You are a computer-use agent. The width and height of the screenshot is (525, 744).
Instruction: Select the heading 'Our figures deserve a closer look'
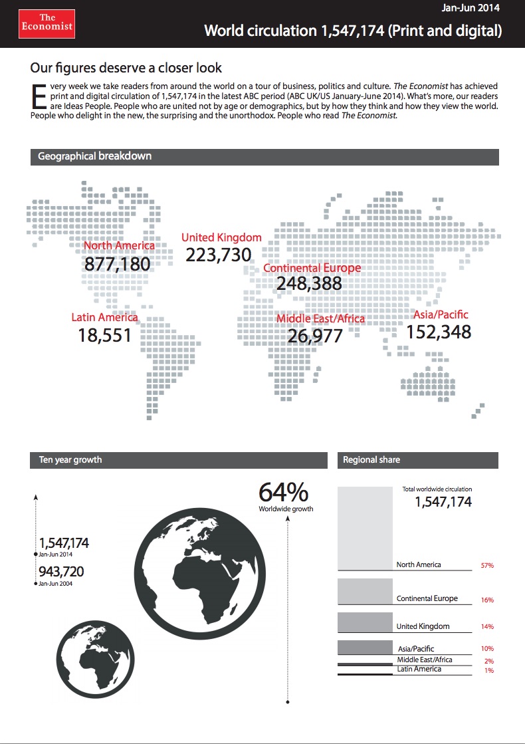[126, 68]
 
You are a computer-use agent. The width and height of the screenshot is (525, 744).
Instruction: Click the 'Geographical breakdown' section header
[95, 156]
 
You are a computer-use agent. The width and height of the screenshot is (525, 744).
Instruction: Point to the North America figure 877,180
[118, 264]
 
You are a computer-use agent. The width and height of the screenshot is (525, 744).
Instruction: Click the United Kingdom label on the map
[221, 237]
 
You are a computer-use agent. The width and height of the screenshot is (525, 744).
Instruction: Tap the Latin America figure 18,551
[105, 335]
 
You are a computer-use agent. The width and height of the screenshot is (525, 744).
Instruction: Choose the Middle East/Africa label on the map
[320, 318]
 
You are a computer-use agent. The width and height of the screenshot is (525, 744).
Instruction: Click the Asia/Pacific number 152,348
[439, 331]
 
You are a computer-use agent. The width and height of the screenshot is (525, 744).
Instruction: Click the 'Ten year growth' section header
[70, 459]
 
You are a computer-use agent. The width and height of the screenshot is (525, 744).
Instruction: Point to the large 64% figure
[283, 493]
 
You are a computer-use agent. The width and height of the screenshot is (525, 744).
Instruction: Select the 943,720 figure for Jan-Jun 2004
[61, 571]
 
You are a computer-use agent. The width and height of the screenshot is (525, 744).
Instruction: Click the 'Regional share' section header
[371, 459]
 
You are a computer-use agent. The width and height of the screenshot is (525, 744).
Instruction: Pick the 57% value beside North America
[486, 566]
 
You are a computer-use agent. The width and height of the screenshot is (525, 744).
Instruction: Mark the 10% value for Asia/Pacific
[486, 648]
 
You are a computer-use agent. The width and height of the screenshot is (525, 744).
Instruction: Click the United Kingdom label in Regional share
[423, 626]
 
